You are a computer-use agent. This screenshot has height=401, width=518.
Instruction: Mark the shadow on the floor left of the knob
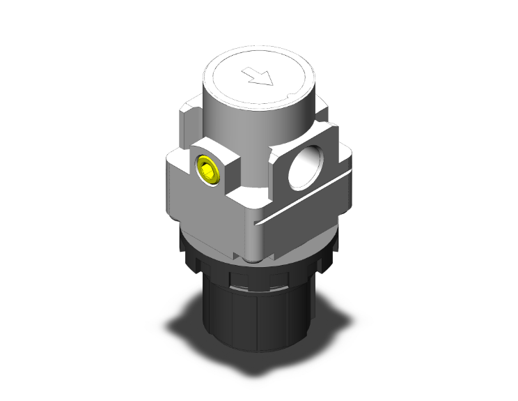(x=185, y=321)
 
